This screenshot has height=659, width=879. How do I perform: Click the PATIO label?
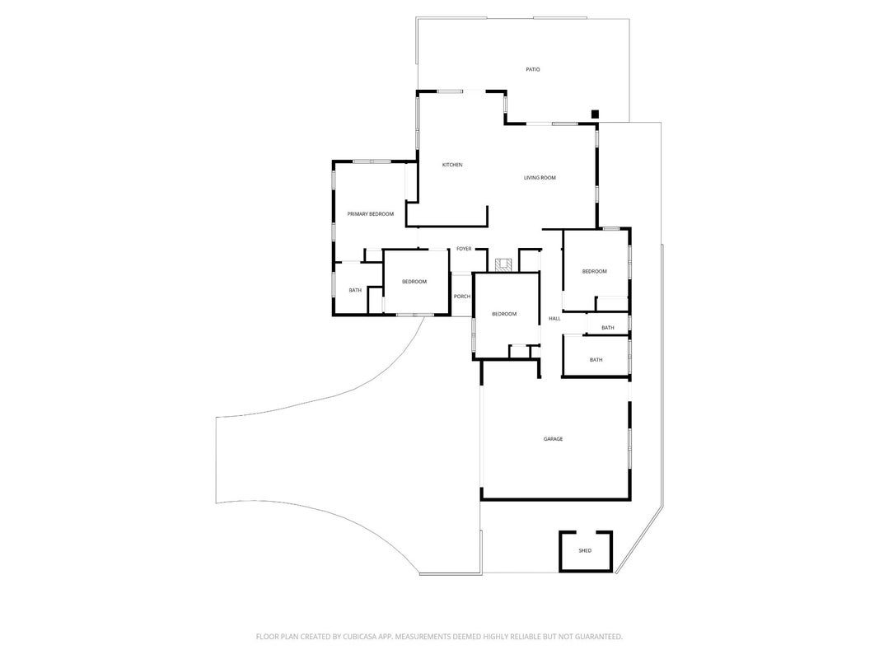[x=532, y=69]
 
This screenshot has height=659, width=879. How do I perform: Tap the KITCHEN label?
[x=452, y=165]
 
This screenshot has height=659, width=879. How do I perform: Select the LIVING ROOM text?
[x=540, y=178]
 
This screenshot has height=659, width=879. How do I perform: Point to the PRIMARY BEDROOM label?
[x=371, y=214]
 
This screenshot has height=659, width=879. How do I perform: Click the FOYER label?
[x=464, y=249]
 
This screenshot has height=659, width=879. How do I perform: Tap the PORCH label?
[x=462, y=297]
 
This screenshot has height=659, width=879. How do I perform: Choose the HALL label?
[x=554, y=319]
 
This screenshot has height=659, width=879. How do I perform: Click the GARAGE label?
[x=554, y=439]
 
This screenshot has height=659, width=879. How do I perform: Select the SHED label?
[x=585, y=551]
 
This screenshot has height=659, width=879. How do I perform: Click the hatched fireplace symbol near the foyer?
[x=503, y=264]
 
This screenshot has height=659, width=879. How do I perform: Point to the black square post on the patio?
[x=596, y=115]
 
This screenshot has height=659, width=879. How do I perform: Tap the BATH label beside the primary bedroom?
[x=355, y=290]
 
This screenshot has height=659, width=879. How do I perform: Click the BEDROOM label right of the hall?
[x=594, y=271]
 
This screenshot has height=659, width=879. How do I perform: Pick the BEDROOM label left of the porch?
[x=414, y=282]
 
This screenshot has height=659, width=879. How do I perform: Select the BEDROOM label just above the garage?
[x=504, y=315]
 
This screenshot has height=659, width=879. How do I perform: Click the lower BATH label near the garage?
[x=596, y=360]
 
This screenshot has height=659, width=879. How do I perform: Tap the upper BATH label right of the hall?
[x=608, y=328]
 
